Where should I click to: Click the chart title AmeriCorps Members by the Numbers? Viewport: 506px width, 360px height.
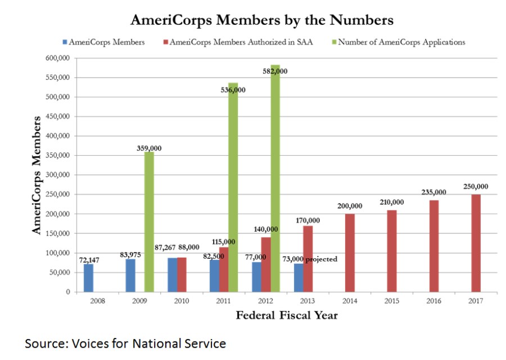pyautogui.click(x=261, y=20)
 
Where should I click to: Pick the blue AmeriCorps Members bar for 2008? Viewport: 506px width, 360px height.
pyautogui.click(x=88, y=278)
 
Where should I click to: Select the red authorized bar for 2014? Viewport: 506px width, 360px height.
pyautogui.click(x=350, y=253)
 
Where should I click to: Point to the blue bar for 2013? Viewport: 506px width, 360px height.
pyautogui.click(x=299, y=278)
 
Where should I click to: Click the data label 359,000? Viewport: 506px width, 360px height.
pyautogui.click(x=149, y=148)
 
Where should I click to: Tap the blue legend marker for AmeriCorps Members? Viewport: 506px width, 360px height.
pyautogui.click(x=65, y=42)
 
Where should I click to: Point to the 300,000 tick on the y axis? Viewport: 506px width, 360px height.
pyautogui.click(x=57, y=175)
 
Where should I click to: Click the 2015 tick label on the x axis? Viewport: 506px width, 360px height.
pyautogui.click(x=392, y=300)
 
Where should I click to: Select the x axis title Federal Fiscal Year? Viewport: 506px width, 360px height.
pyautogui.click(x=287, y=315)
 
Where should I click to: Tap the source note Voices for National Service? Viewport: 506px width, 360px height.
pyautogui.click(x=125, y=343)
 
